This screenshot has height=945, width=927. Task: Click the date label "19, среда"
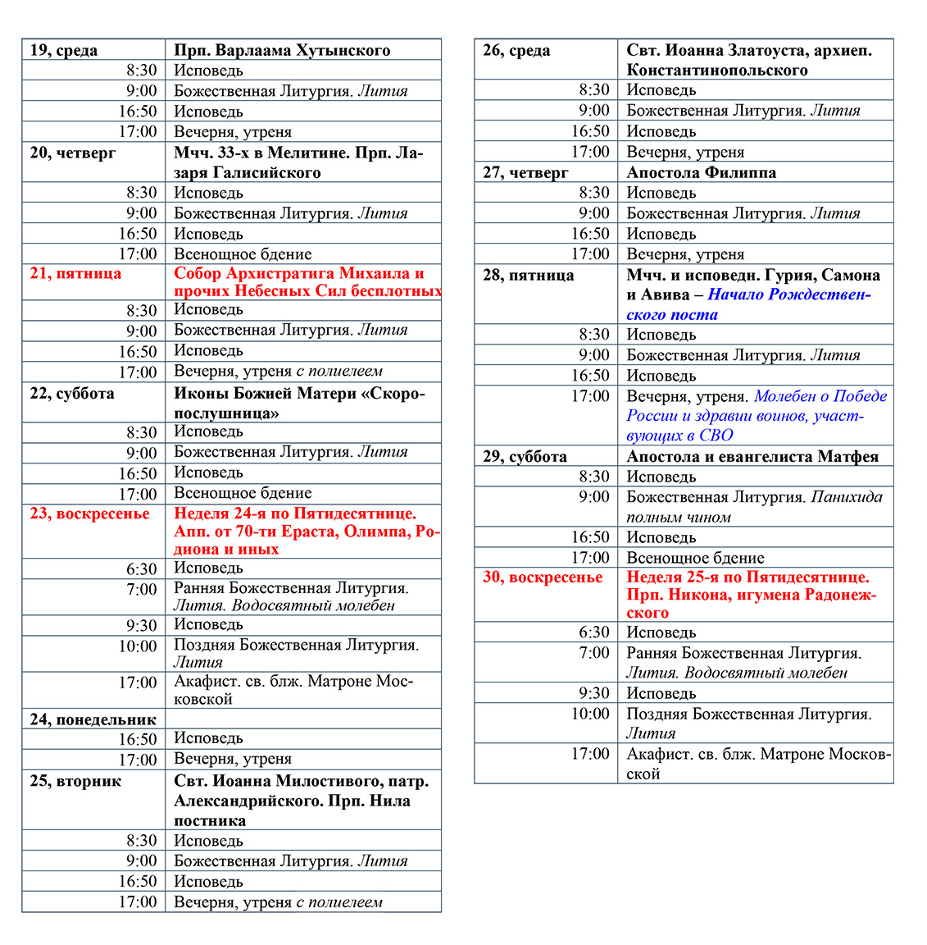tap(64, 50)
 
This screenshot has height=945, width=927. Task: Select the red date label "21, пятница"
tap(75, 274)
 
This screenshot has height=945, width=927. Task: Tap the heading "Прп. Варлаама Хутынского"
tap(282, 50)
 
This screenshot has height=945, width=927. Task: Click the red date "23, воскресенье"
tap(90, 514)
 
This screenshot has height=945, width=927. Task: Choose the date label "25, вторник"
tap(75, 781)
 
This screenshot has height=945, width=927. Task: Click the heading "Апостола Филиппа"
tap(701, 172)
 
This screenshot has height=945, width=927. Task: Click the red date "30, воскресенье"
tap(543, 577)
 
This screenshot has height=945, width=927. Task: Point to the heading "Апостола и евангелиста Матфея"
tap(752, 457)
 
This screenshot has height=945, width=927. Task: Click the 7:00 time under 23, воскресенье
tap(142, 590)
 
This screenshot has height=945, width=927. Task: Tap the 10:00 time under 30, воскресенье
tap(590, 714)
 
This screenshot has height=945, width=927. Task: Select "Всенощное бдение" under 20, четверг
tap(243, 254)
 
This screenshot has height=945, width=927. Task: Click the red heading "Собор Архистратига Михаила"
tap(299, 274)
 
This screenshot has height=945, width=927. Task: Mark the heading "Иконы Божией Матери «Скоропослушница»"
tap(299, 403)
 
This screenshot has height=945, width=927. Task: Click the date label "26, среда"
tap(516, 50)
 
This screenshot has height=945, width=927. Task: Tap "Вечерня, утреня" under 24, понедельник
tap(233, 759)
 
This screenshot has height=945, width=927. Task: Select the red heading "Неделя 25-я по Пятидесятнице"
tap(748, 577)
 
